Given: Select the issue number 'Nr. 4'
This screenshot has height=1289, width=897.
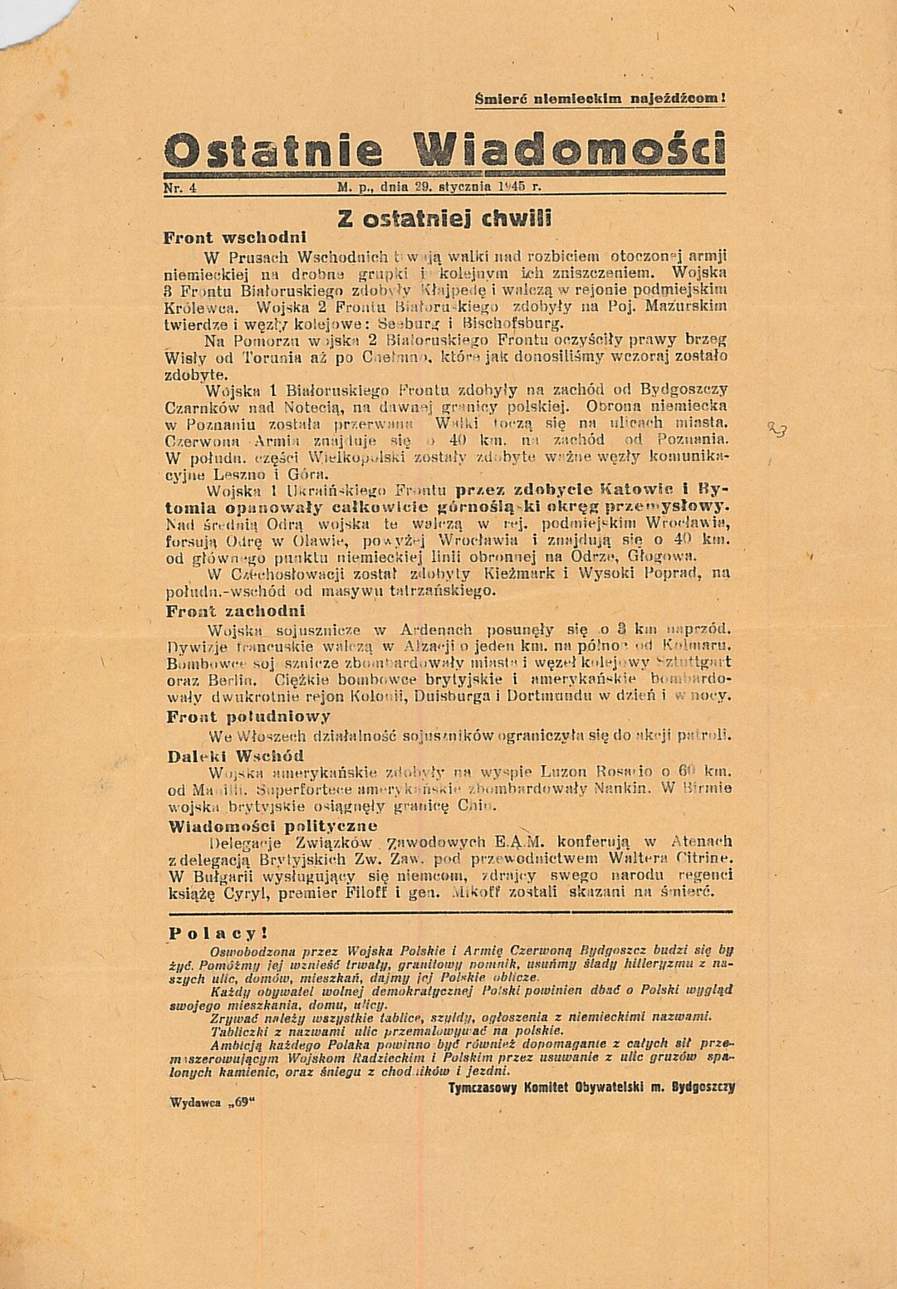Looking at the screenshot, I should click(x=179, y=188).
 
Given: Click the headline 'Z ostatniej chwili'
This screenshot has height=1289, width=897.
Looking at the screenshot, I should click(x=445, y=219).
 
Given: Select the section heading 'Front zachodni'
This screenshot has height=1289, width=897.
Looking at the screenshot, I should click(x=224, y=611).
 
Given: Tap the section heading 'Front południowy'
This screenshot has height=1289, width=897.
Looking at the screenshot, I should click(x=248, y=716).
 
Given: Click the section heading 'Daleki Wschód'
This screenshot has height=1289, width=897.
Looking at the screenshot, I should click(x=236, y=756).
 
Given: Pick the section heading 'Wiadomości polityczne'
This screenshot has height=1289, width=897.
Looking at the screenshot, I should click(x=272, y=826).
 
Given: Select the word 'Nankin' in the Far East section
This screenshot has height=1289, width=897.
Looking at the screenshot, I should click(x=622, y=789).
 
